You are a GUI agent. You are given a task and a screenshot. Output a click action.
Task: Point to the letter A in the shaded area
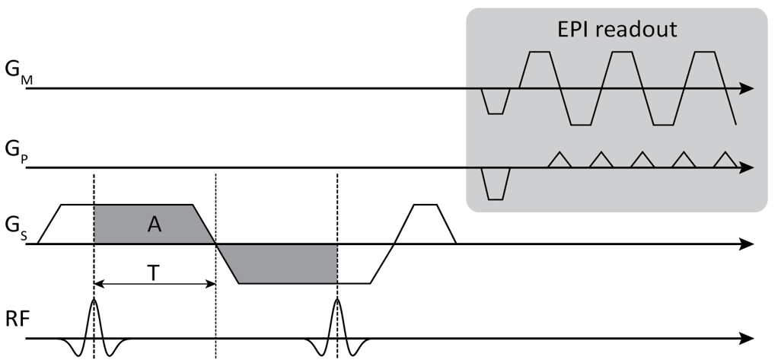155,225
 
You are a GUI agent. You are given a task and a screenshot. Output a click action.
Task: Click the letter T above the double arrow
154,272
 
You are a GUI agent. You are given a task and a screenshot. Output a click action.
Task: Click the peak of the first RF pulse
94,301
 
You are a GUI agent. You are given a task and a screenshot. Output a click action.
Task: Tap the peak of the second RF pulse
336,301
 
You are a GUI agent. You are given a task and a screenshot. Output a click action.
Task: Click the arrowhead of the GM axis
748,89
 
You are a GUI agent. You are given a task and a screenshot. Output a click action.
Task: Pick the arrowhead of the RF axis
748,338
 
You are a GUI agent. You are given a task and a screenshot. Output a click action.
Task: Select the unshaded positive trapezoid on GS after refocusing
425,225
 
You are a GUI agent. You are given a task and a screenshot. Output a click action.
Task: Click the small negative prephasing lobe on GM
496,102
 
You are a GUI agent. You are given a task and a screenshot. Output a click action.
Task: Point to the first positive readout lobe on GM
539,68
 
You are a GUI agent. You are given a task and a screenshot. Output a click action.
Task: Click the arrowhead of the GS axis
748,244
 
